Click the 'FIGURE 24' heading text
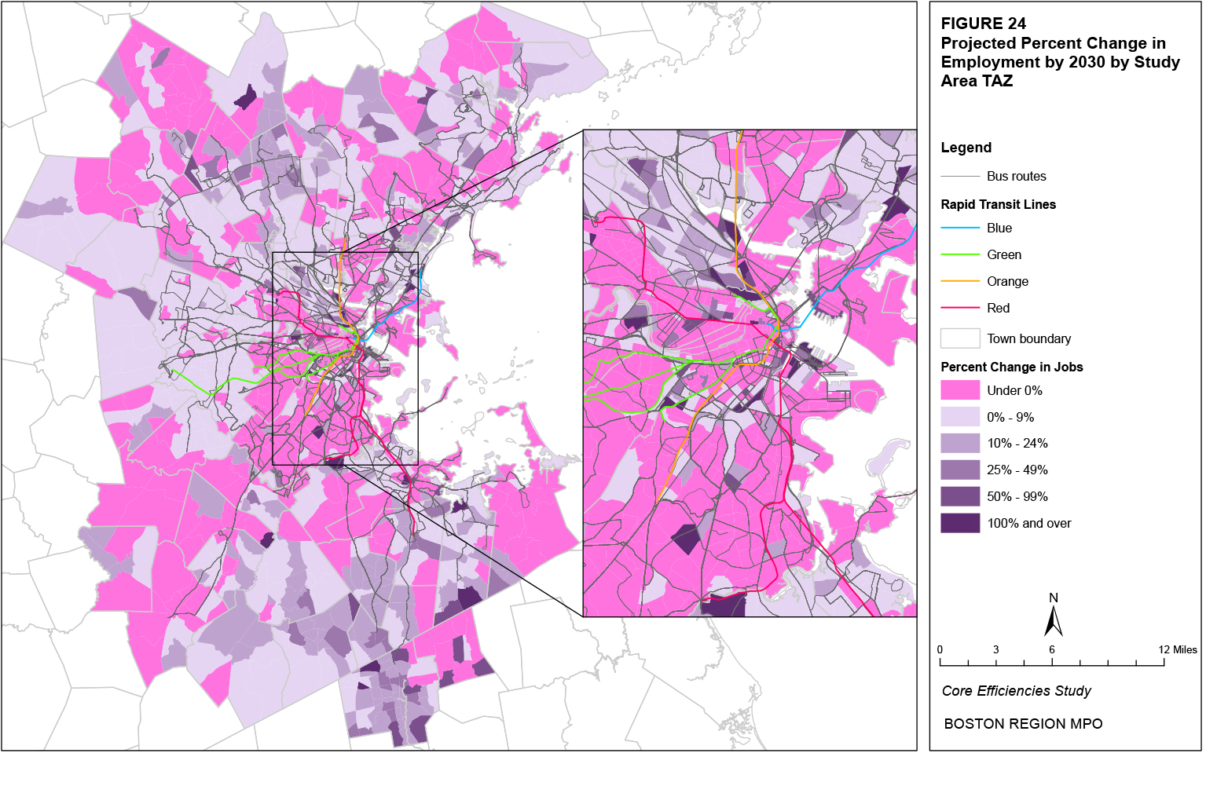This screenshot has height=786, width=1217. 983,24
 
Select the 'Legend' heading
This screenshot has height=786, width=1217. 966,148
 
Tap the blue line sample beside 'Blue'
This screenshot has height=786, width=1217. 960,228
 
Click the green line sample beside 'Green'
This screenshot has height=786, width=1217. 960,255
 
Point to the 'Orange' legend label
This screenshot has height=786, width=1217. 1007,282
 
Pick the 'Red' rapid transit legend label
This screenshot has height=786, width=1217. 998,309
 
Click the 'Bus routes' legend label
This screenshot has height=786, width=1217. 1016,177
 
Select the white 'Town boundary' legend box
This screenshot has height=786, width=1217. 960,338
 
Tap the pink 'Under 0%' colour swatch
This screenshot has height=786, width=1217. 960,390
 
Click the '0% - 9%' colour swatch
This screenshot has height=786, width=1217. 960,417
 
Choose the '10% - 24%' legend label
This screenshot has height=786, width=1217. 1017,444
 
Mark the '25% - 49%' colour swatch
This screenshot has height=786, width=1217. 960,470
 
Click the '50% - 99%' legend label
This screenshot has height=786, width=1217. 1017,497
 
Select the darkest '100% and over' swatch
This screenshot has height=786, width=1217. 960,523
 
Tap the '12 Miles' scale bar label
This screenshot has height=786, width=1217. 1178,649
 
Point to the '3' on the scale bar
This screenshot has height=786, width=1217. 995,649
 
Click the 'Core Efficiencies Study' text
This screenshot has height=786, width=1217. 1016,691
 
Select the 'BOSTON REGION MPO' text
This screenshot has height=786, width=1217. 1023,724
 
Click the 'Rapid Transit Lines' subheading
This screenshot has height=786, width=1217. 998,204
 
